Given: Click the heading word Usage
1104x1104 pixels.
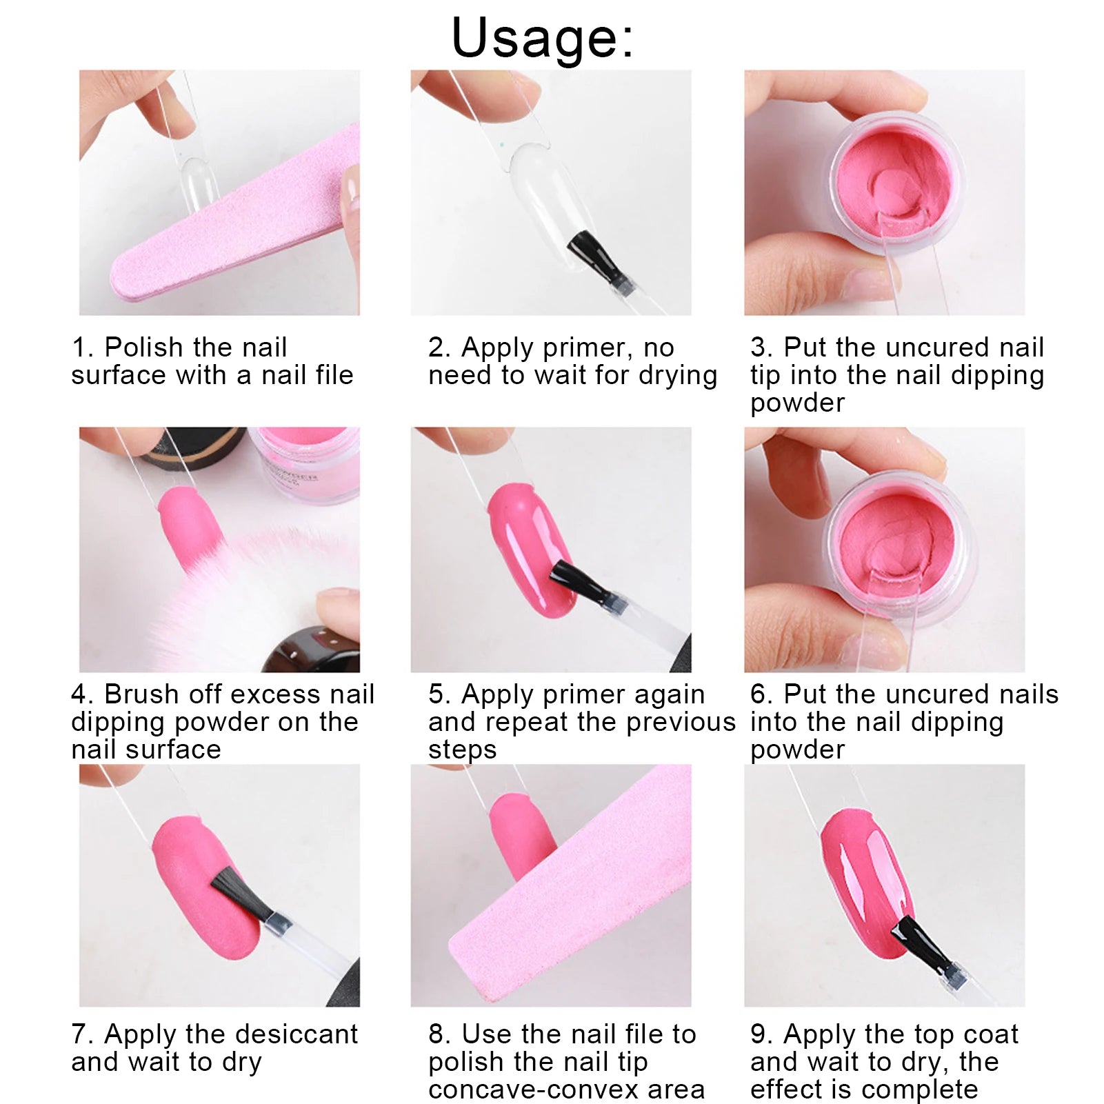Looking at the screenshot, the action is coord(542,38).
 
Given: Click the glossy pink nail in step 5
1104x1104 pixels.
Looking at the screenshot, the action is coord(532,549).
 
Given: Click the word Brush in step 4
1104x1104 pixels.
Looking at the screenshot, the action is coord(145,694).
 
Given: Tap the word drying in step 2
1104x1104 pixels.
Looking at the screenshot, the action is coord(678,376).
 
